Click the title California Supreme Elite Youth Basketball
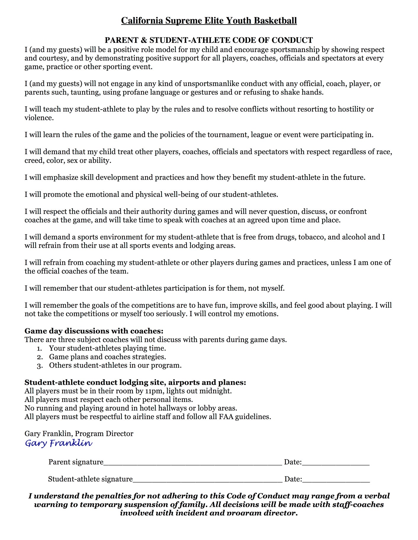(209, 21)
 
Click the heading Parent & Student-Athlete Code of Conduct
(209, 40)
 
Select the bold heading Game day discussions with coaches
(94, 331)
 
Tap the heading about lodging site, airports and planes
(135, 382)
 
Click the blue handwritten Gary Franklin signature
(59, 443)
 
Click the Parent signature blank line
(192, 463)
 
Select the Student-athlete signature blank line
(207, 480)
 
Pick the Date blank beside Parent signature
(335, 463)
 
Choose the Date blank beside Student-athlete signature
(336, 480)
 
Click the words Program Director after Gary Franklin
(104, 434)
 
